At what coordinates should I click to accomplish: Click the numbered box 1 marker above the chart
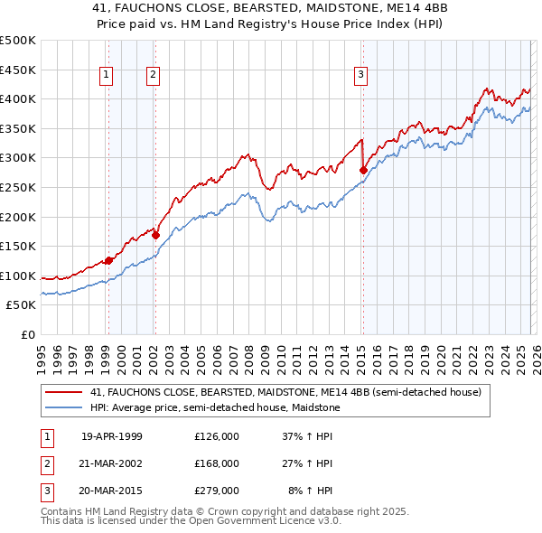(107, 75)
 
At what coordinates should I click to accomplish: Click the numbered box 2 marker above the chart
(154, 75)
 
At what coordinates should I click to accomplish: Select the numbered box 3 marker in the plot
(360, 75)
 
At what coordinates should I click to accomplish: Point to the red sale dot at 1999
(108, 260)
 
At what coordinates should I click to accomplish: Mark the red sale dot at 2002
(155, 235)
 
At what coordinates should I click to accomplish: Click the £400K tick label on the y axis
(18, 98)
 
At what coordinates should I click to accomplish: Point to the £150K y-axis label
(18, 246)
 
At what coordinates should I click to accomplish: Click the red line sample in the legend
(64, 393)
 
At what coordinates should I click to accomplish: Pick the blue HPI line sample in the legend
(64, 407)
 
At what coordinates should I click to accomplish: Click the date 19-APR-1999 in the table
(112, 436)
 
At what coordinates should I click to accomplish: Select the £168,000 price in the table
(217, 463)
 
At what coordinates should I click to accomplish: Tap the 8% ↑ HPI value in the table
(310, 491)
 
